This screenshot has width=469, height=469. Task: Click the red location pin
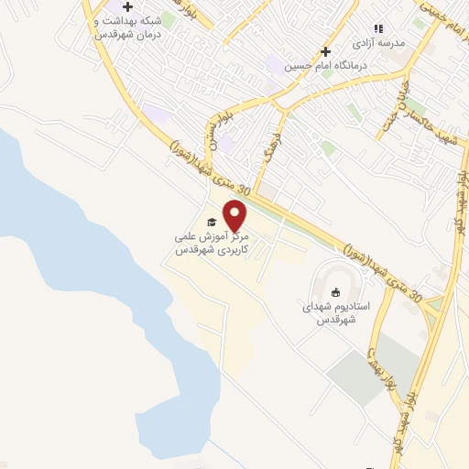point(235,214)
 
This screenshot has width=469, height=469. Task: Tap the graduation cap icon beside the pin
point(211,223)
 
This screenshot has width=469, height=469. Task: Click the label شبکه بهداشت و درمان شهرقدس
point(128,27)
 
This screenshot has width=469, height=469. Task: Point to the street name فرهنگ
point(272,149)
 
